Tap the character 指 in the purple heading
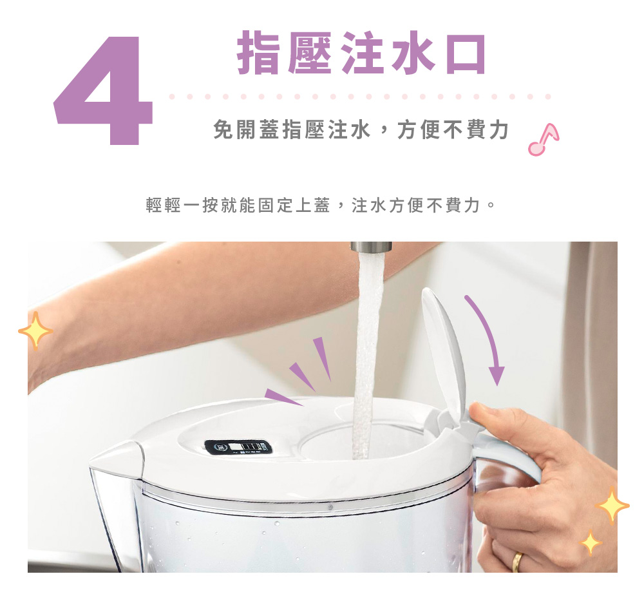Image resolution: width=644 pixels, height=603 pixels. (258, 53)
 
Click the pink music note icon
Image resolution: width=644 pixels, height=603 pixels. (543, 140)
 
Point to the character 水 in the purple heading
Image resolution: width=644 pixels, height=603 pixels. (413, 53)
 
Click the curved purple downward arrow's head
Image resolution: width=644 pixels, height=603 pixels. (497, 376)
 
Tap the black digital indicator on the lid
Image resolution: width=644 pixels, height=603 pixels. (239, 447)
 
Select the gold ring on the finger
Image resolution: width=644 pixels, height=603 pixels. (517, 562)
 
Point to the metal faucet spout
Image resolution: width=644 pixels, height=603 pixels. (372, 247)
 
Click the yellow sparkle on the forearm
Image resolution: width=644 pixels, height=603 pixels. (35, 330)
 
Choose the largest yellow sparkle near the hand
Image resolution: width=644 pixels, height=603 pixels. (612, 505)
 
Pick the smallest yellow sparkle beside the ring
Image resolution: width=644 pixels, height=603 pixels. (591, 542)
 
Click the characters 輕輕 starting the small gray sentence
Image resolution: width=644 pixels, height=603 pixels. (164, 205)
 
